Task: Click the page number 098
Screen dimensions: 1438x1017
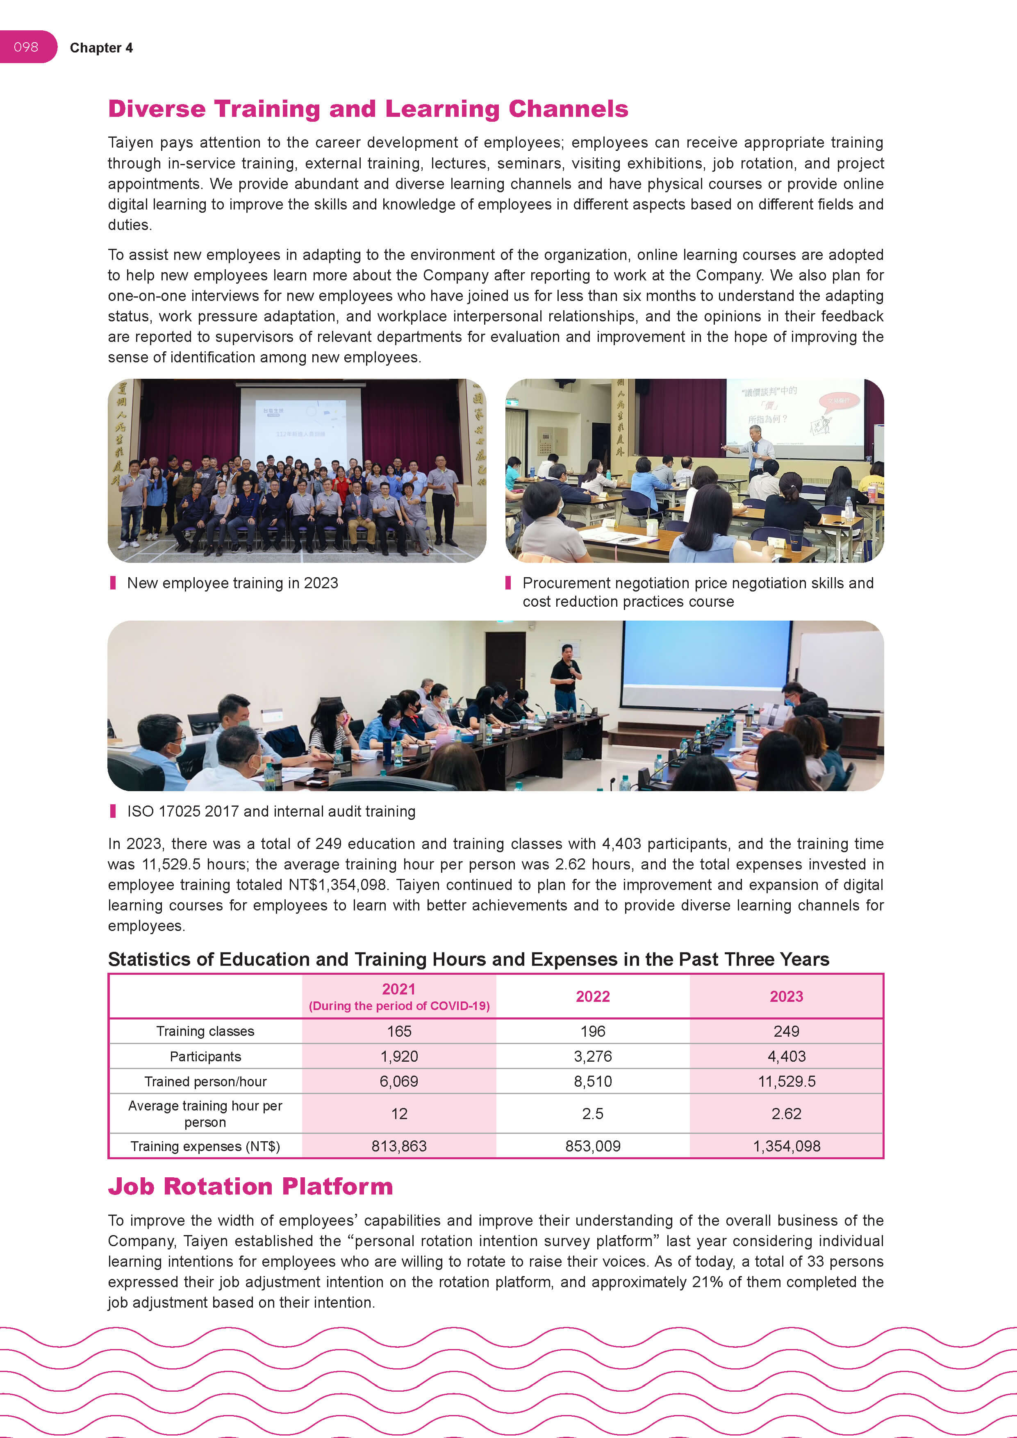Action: tap(26, 47)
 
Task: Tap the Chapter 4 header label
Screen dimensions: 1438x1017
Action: tap(101, 48)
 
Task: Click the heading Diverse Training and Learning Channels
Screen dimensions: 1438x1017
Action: tap(368, 109)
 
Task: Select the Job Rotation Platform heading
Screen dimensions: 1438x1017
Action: tap(250, 1186)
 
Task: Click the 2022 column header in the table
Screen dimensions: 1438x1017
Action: tap(592, 997)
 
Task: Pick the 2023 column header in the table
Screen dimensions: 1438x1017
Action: tap(786, 997)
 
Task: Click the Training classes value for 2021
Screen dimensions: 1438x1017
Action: tap(399, 1031)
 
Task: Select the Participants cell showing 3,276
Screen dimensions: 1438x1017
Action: tap(592, 1057)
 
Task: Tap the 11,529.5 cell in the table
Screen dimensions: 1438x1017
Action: tap(786, 1082)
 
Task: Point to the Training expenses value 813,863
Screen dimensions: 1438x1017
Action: tap(399, 1146)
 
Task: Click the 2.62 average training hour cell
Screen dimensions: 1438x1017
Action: tap(786, 1114)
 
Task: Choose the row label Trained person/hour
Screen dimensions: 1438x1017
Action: tap(205, 1082)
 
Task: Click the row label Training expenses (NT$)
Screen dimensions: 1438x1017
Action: tap(205, 1146)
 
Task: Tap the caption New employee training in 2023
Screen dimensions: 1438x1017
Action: tap(232, 583)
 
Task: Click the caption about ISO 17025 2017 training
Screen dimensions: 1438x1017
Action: tap(271, 812)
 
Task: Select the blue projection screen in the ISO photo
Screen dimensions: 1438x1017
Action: tap(706, 662)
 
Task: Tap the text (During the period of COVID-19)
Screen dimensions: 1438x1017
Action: tap(399, 1006)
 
